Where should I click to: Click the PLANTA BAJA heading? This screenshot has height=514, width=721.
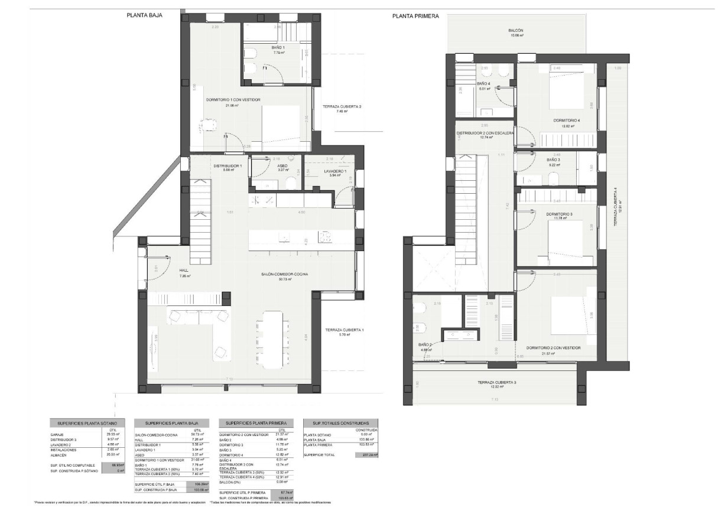click(144, 16)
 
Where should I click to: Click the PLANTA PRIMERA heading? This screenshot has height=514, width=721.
click(415, 17)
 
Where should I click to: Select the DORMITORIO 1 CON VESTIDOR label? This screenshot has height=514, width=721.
click(233, 100)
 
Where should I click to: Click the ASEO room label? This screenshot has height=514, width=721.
click(282, 166)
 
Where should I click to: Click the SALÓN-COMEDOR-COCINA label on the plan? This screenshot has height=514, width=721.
click(285, 274)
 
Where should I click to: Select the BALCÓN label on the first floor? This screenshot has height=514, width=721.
click(515, 31)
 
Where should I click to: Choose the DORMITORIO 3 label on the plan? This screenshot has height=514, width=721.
click(558, 214)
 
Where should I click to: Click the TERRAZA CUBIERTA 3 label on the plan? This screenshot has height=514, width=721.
click(496, 383)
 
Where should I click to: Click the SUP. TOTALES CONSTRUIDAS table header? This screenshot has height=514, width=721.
click(340, 424)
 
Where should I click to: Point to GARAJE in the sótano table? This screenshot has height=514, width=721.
click(59, 434)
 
